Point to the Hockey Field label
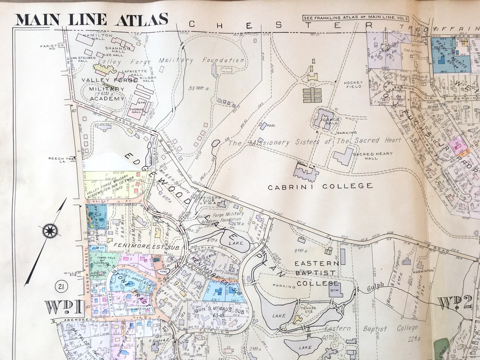(x=353, y=84)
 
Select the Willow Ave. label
(x=73, y=274)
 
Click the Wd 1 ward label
(x=64, y=307)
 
